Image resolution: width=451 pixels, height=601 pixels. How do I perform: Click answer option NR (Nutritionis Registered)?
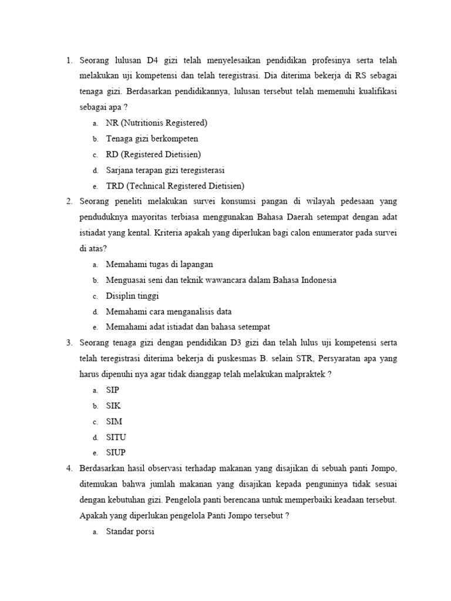click(156, 123)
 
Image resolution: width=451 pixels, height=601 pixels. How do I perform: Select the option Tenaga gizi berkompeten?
click(152, 139)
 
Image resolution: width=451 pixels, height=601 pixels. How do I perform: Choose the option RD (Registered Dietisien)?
click(153, 154)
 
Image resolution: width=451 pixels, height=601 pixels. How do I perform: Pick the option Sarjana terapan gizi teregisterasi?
click(165, 170)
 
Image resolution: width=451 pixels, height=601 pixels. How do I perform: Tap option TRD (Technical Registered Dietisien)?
click(175, 186)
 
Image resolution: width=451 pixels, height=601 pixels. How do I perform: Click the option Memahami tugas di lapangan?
click(159, 265)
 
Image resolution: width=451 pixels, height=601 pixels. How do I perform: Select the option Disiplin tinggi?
click(132, 296)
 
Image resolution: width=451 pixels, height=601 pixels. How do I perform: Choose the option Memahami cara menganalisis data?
click(173, 312)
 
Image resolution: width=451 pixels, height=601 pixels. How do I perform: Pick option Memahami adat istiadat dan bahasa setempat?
click(187, 327)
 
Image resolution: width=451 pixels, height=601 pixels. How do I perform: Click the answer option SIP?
click(113, 390)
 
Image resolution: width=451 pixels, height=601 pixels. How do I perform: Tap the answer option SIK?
click(113, 406)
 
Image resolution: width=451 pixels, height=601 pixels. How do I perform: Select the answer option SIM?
click(114, 421)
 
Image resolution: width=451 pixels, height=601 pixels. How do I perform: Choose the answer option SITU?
click(116, 437)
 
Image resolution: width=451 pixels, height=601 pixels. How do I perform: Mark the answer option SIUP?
click(116, 453)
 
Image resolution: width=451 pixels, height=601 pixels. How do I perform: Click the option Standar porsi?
click(130, 532)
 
